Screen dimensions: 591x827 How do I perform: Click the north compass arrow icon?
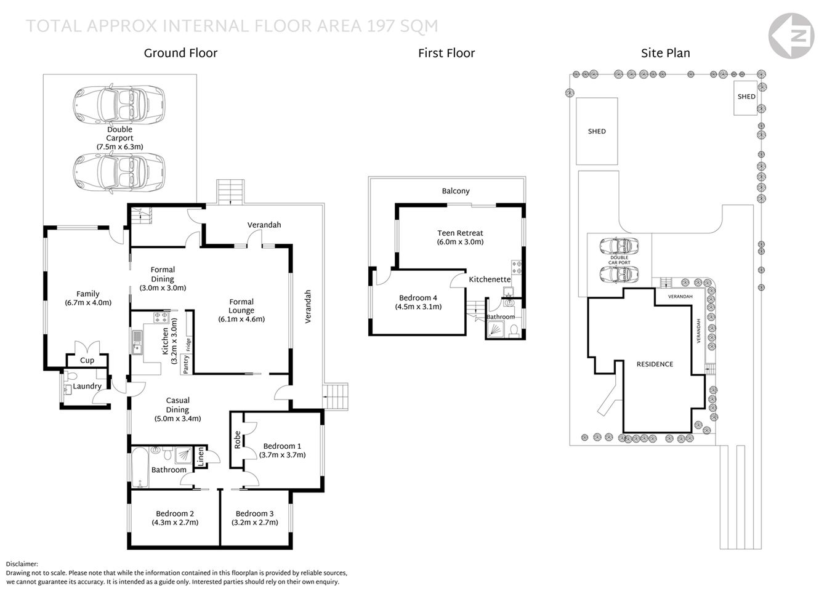click(x=797, y=36)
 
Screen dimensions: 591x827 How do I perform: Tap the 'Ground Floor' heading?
click(x=180, y=53)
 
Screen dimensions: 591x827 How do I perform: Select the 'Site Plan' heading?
click(x=665, y=53)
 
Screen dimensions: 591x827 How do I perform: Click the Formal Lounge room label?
click(x=241, y=310)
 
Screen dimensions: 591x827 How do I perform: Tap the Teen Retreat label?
click(x=460, y=237)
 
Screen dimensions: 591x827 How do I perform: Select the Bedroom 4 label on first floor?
click(x=418, y=302)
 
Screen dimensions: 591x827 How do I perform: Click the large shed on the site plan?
click(x=597, y=131)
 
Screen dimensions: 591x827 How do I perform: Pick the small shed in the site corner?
click(x=746, y=97)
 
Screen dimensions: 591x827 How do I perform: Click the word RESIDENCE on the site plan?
click(x=655, y=364)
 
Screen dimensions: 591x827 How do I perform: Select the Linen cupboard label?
click(x=200, y=456)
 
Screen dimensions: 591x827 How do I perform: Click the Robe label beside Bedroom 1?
click(x=237, y=440)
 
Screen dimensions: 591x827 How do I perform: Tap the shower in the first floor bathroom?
click(x=495, y=331)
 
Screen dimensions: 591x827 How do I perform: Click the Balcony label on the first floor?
click(x=456, y=191)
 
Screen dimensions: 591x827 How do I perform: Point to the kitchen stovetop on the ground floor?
click(x=161, y=318)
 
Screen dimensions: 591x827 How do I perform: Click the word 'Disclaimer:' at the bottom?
click(x=22, y=564)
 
